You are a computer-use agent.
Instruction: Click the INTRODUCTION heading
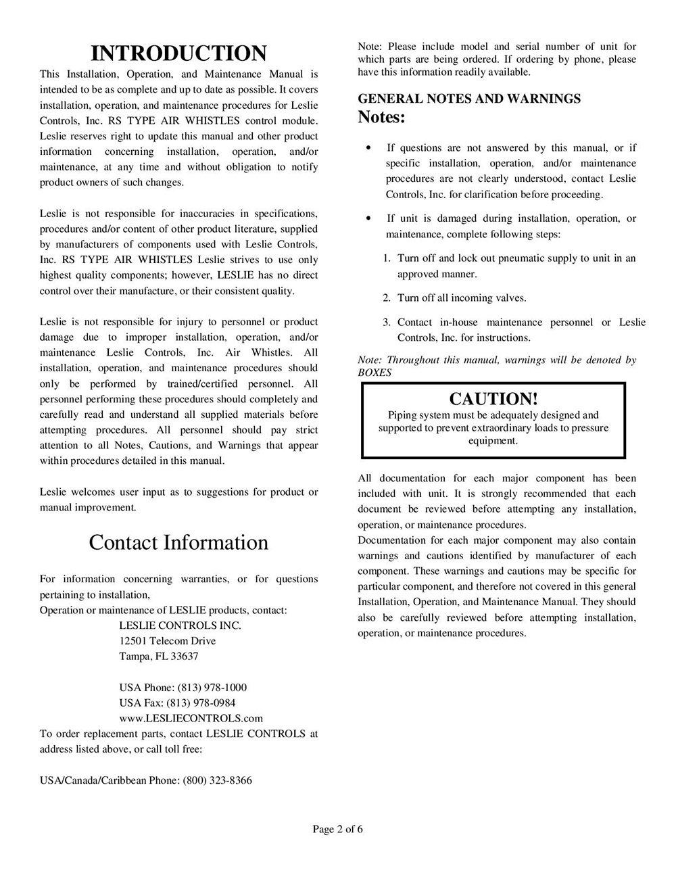[178, 53]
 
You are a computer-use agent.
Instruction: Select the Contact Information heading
[178, 542]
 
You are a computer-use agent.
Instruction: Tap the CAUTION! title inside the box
[493, 398]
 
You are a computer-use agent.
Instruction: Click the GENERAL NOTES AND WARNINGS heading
[469, 99]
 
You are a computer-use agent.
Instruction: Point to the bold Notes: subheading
[381, 117]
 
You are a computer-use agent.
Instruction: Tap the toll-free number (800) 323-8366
[217, 780]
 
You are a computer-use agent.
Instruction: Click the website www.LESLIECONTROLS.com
[191, 718]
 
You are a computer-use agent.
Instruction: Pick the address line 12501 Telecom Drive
[168, 640]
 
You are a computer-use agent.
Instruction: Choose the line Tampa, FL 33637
[159, 656]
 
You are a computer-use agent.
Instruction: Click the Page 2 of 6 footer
[338, 829]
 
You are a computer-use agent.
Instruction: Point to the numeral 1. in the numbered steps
[386, 258]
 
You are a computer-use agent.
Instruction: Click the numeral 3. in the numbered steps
[386, 323]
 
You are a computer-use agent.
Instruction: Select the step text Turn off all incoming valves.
[462, 298]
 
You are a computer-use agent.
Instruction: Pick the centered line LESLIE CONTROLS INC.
[180, 625]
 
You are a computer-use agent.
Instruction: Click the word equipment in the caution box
[493, 441]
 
